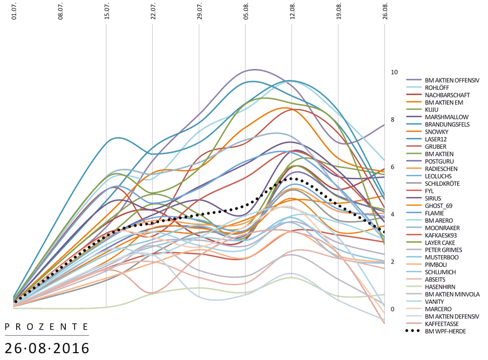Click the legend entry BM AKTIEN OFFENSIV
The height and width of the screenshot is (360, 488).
(x=452, y=80)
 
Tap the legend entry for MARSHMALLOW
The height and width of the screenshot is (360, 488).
(x=447, y=117)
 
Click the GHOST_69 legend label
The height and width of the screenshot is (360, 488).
(x=439, y=206)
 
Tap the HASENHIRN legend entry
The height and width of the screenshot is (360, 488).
(x=440, y=286)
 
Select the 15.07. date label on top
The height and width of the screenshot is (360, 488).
(x=106, y=11)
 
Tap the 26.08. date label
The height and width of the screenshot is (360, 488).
(x=385, y=11)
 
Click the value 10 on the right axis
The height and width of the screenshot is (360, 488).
(x=394, y=72)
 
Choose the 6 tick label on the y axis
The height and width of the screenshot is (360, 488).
(x=393, y=167)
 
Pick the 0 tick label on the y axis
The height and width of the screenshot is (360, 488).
(x=393, y=309)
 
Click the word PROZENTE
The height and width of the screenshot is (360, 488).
(x=47, y=326)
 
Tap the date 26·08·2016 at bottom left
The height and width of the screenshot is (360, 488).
(x=47, y=348)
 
